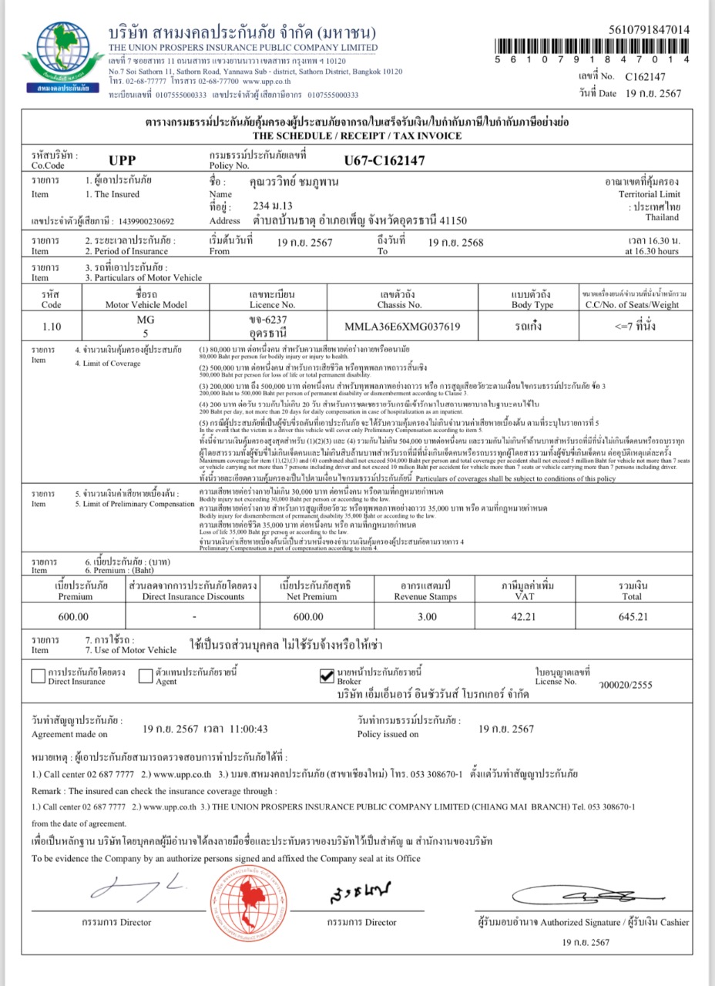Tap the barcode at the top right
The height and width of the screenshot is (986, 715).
tap(592, 45)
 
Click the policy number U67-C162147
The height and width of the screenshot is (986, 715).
tap(384, 161)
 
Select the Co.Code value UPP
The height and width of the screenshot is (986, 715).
tap(123, 161)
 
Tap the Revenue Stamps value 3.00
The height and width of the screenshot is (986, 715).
tap(426, 616)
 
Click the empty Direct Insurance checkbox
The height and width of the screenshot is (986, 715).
tap(38, 676)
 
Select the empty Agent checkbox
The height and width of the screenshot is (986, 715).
tap(146, 676)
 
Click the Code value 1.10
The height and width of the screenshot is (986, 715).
tap(52, 327)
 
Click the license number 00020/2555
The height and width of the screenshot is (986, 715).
tap(629, 684)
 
